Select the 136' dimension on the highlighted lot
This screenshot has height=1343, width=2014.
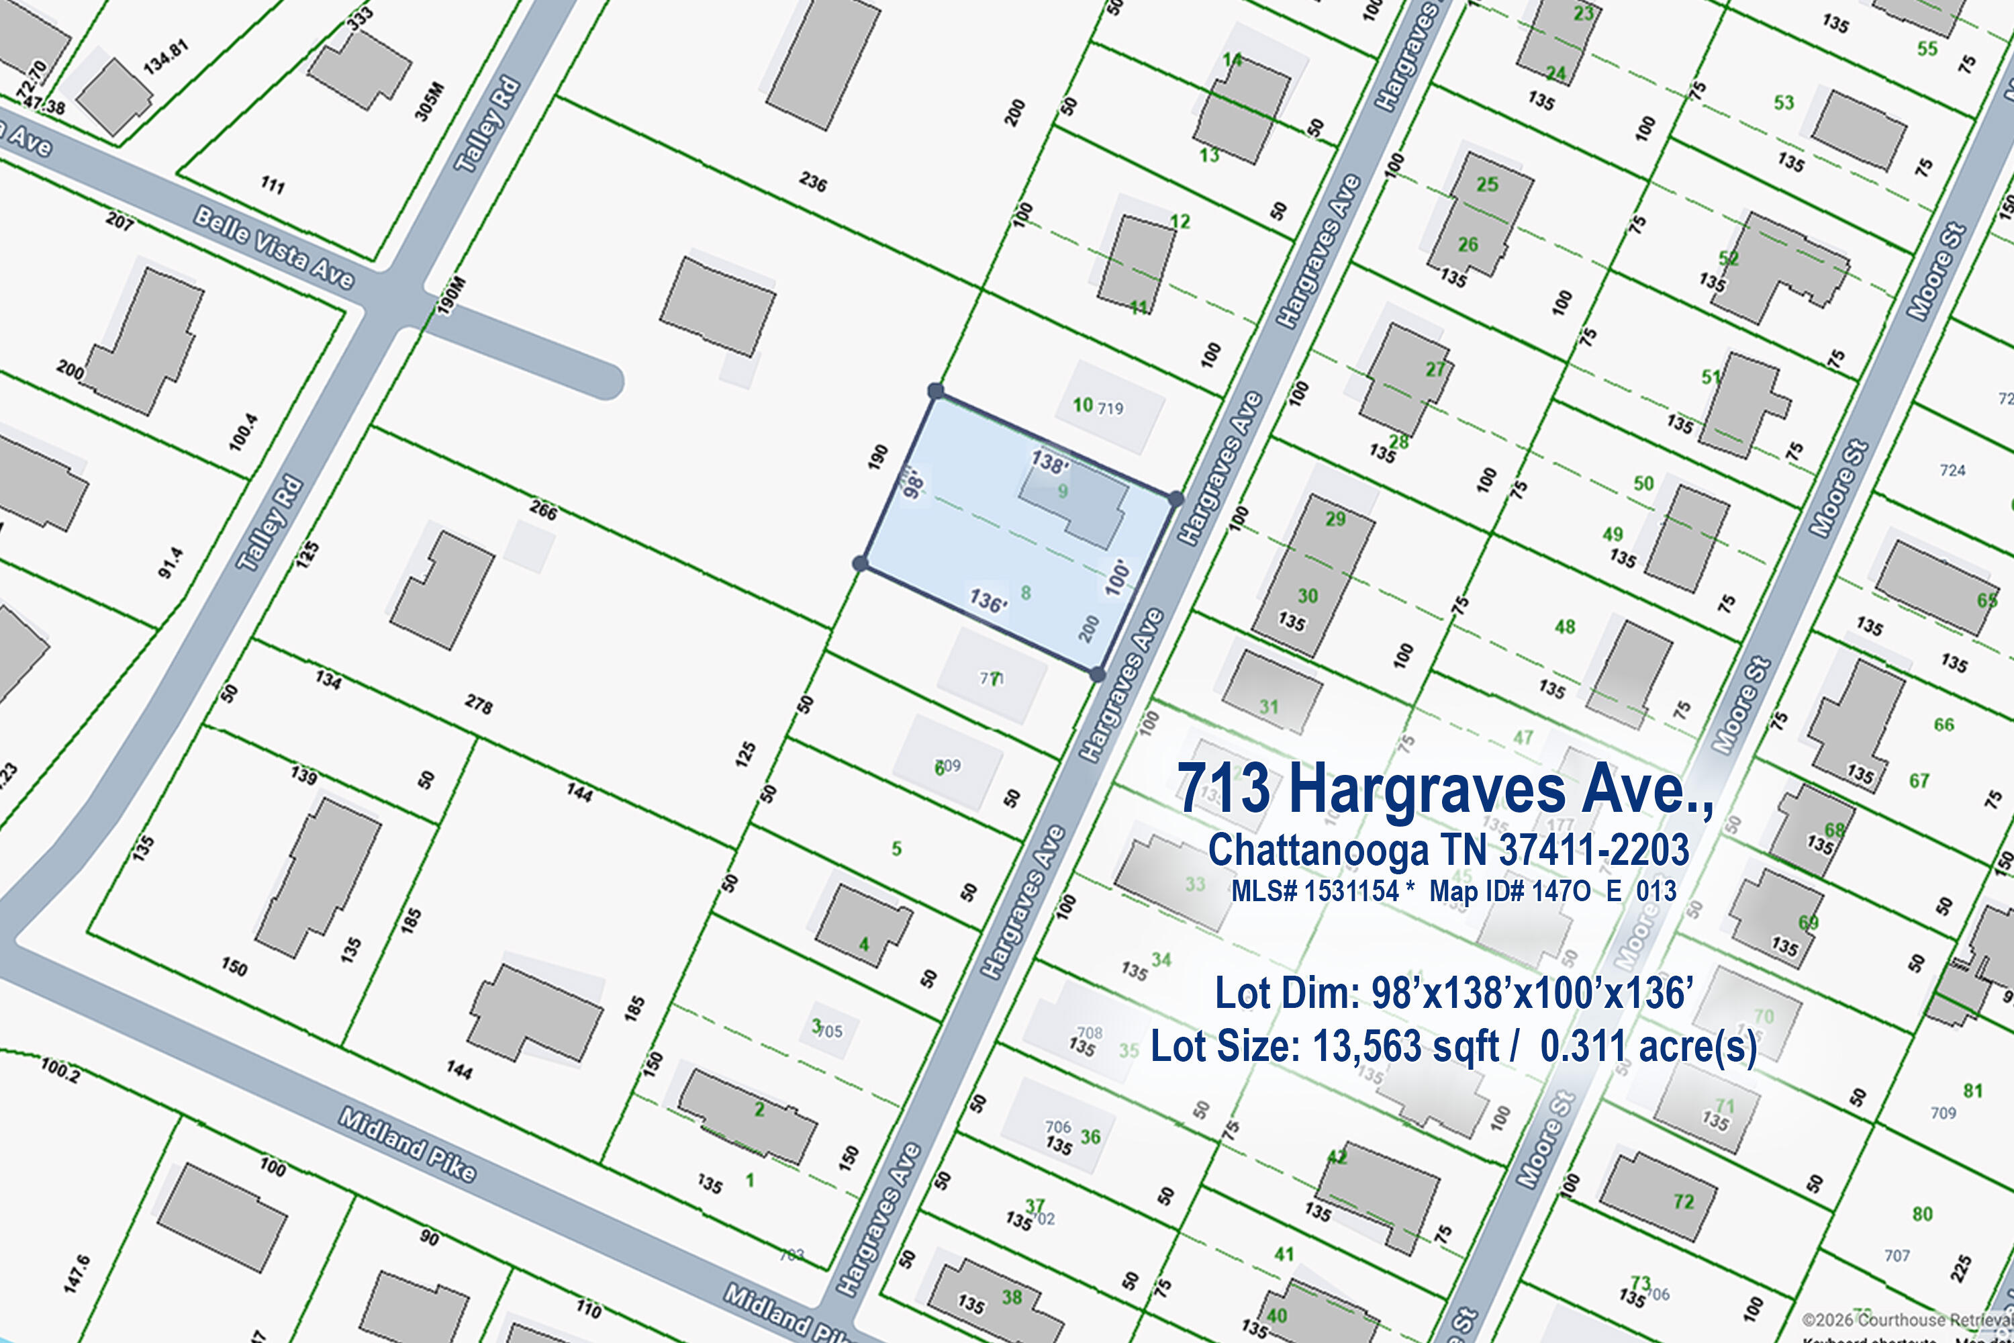tap(988, 600)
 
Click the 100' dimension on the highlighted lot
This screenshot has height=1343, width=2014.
tap(1118, 578)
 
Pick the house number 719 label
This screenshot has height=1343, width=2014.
tap(1110, 408)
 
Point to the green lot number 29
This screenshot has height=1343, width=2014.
tap(1335, 519)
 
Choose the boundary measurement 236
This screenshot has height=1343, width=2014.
tap(812, 181)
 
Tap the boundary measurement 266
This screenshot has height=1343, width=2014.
tap(543, 511)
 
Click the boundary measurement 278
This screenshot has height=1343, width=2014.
tap(479, 705)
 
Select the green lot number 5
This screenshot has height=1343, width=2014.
tap(896, 849)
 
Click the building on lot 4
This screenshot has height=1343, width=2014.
tap(862, 926)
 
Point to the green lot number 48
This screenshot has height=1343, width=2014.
tap(1564, 627)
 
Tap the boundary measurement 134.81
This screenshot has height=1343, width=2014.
tap(166, 57)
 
